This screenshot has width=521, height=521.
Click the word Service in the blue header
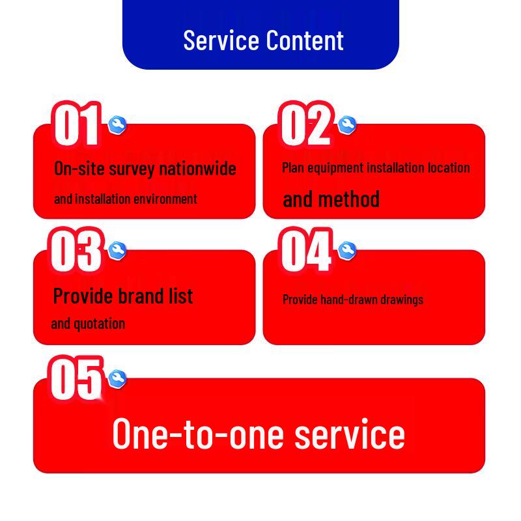click(x=221, y=40)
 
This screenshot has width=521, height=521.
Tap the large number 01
click(x=77, y=124)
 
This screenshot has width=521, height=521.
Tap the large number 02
click(x=305, y=124)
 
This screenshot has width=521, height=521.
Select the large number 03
click(x=76, y=250)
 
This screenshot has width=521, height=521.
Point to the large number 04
click(x=305, y=250)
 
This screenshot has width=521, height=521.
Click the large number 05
click(x=76, y=378)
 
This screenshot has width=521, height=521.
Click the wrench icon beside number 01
click(x=117, y=125)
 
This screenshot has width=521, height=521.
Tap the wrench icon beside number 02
click(x=347, y=125)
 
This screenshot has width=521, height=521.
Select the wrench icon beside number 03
click(x=117, y=251)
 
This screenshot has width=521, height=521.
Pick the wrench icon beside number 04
click(x=347, y=251)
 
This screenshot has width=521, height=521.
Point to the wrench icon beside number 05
click(x=117, y=379)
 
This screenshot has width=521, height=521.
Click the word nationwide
click(x=198, y=168)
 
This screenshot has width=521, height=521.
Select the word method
click(x=348, y=199)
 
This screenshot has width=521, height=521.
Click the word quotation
click(x=100, y=324)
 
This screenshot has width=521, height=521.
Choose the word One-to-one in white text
click(x=199, y=434)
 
